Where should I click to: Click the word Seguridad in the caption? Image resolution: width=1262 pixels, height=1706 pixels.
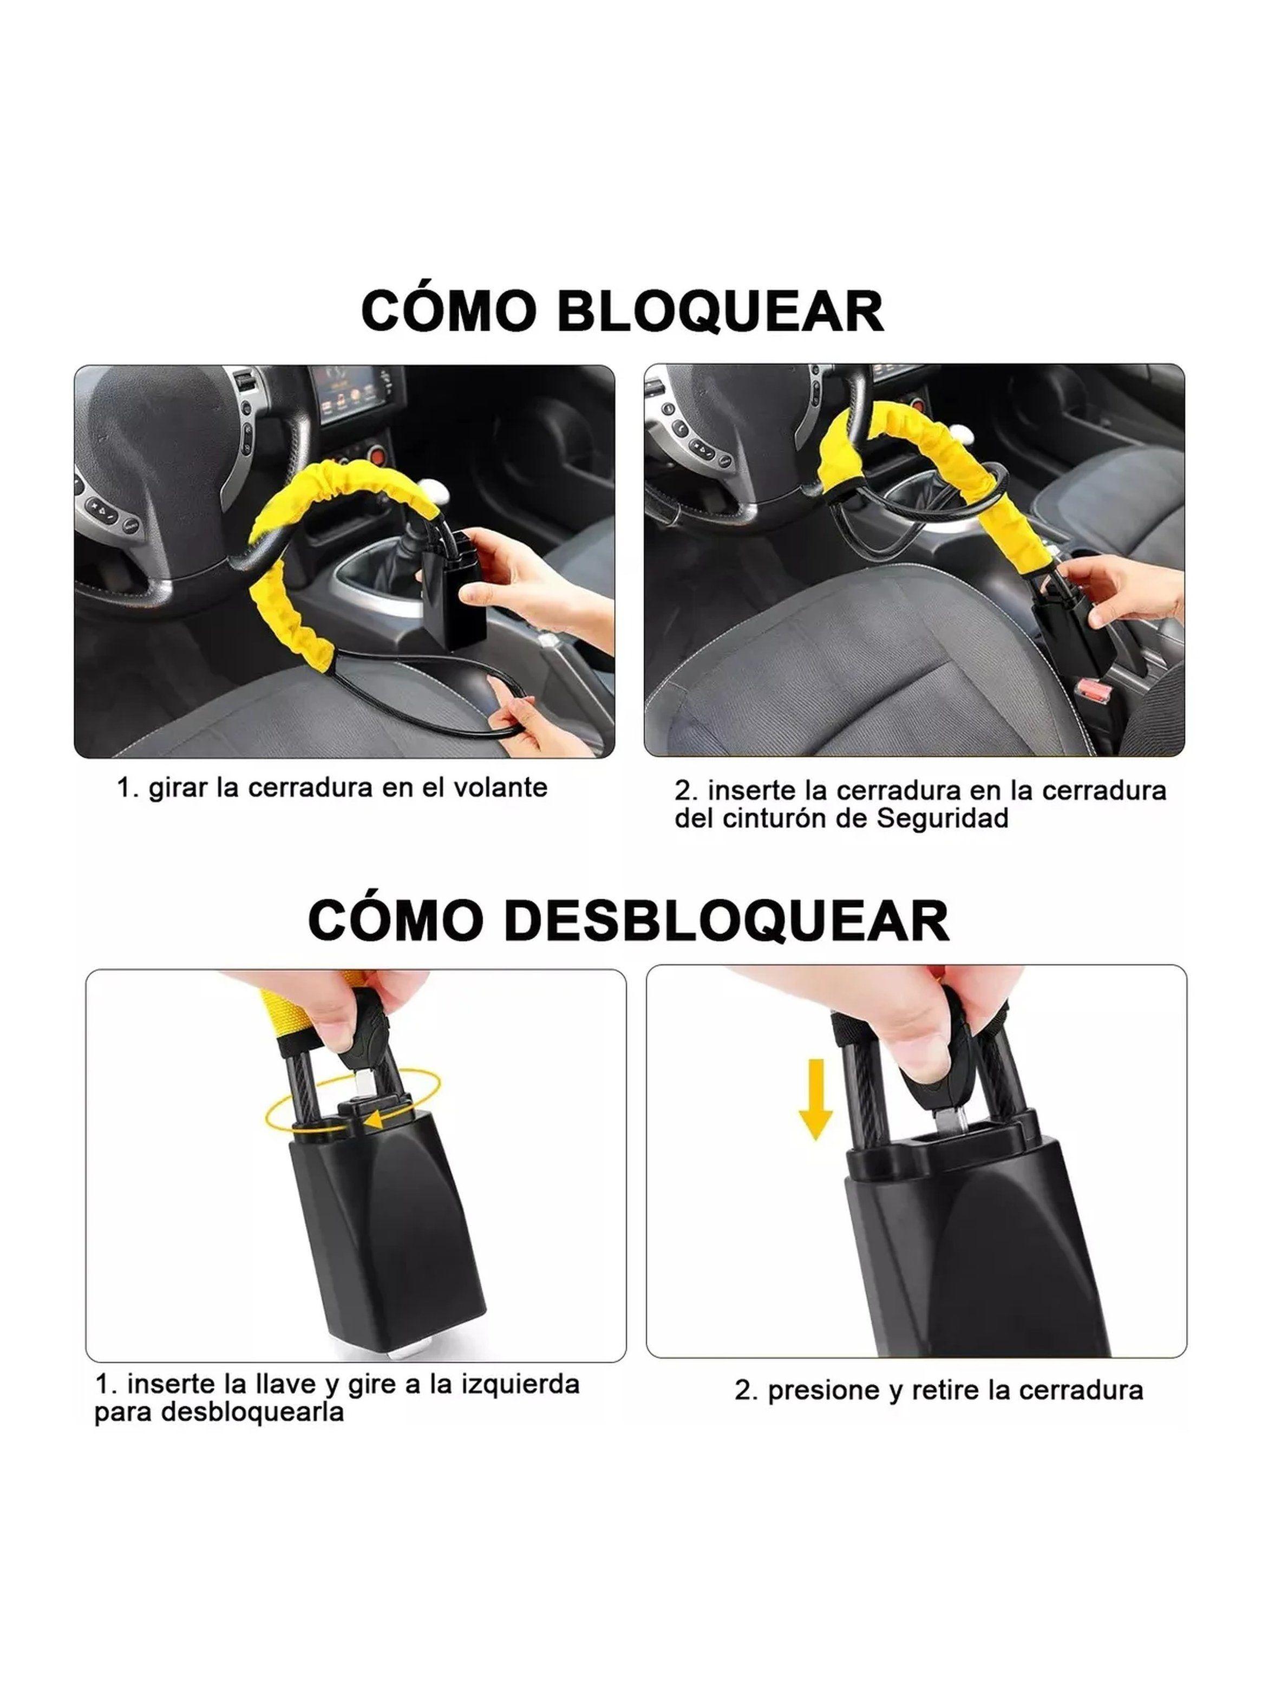click(942, 818)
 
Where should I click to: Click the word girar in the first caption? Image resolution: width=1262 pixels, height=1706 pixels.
click(177, 787)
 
